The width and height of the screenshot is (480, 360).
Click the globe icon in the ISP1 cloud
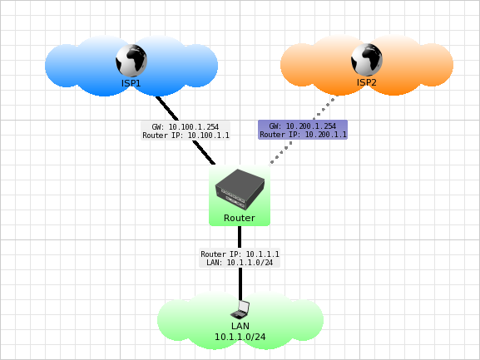131,60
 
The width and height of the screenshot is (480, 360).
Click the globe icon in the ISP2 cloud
366,59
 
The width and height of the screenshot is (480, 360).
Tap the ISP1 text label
131,83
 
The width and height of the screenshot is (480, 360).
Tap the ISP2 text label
367,83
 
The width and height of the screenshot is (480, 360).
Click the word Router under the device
240,218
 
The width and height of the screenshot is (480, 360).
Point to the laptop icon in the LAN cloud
240,309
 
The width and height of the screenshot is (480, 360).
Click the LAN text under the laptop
240,326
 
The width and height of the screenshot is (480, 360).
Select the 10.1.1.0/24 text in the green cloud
240,337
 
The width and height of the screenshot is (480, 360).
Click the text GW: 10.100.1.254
186,126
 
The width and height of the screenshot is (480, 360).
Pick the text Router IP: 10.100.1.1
186,135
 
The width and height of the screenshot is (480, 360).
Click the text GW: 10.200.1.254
303,125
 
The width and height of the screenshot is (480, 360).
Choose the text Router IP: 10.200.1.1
303,134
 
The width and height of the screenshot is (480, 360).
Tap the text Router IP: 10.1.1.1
240,254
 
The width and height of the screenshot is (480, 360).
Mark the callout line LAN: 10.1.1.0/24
240,262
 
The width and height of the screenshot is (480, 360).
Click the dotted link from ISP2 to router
283,155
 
